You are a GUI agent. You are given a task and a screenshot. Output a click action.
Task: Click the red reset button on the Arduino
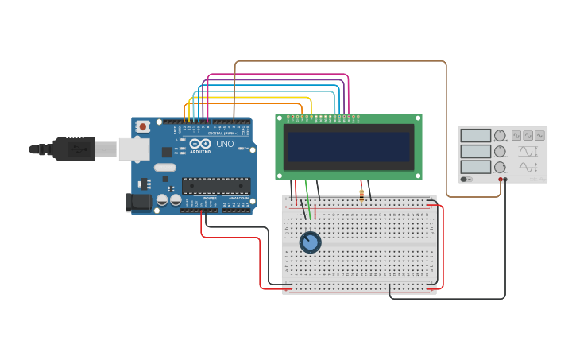point(143,126)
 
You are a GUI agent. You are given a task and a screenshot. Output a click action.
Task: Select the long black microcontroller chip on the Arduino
point(216,186)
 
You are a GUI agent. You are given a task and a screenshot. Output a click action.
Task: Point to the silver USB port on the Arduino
point(133,149)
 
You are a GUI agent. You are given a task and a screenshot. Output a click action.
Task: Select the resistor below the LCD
point(362,193)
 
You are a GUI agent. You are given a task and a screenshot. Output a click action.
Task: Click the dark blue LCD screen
point(349,147)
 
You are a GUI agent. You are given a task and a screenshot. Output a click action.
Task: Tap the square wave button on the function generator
point(516,136)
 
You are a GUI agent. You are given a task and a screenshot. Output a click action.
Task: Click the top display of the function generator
point(475,136)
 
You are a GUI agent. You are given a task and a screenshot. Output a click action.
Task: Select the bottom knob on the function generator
point(500,167)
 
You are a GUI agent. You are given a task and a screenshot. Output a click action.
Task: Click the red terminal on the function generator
point(501,180)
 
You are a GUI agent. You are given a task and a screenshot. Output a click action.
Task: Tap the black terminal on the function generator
point(506,180)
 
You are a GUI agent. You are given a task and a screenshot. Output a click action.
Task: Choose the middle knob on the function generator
point(500,151)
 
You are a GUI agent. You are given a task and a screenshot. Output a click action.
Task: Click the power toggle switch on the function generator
point(465,180)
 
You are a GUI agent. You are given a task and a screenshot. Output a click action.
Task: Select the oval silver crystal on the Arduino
point(164,168)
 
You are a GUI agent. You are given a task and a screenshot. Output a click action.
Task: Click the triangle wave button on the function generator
point(540,136)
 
